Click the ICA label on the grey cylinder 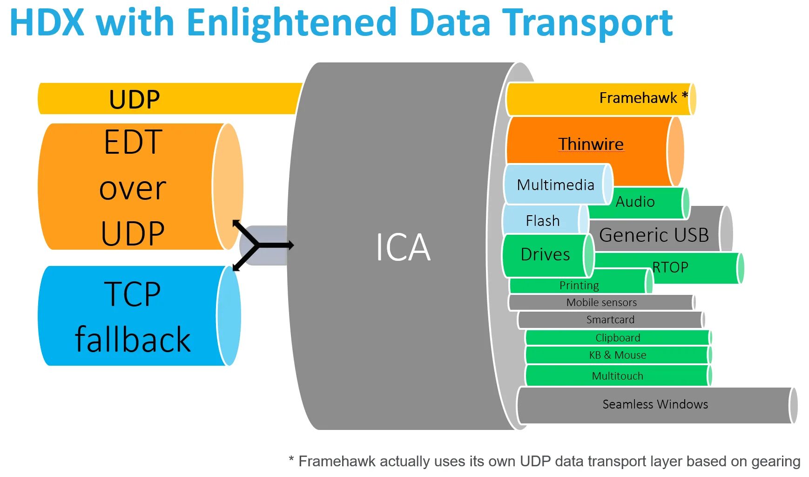pyautogui.click(x=403, y=247)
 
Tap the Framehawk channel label pyautogui.click(x=638, y=98)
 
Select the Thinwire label pyautogui.click(x=591, y=144)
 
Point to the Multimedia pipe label pyautogui.click(x=555, y=185)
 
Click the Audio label pyautogui.click(x=635, y=201)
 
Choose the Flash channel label pyautogui.click(x=543, y=220)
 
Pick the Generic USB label pyautogui.click(x=654, y=235)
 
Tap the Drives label pyautogui.click(x=545, y=254)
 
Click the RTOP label pyautogui.click(x=670, y=267)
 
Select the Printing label pyautogui.click(x=579, y=285)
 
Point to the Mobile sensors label pyautogui.click(x=601, y=302)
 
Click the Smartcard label pyautogui.click(x=610, y=320)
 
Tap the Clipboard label pyautogui.click(x=618, y=338)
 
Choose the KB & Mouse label pyautogui.click(x=618, y=355)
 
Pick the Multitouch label pyautogui.click(x=617, y=376)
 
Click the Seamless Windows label pyautogui.click(x=655, y=404)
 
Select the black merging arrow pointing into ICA pyautogui.click(x=263, y=245)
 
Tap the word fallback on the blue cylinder pyautogui.click(x=133, y=339)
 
